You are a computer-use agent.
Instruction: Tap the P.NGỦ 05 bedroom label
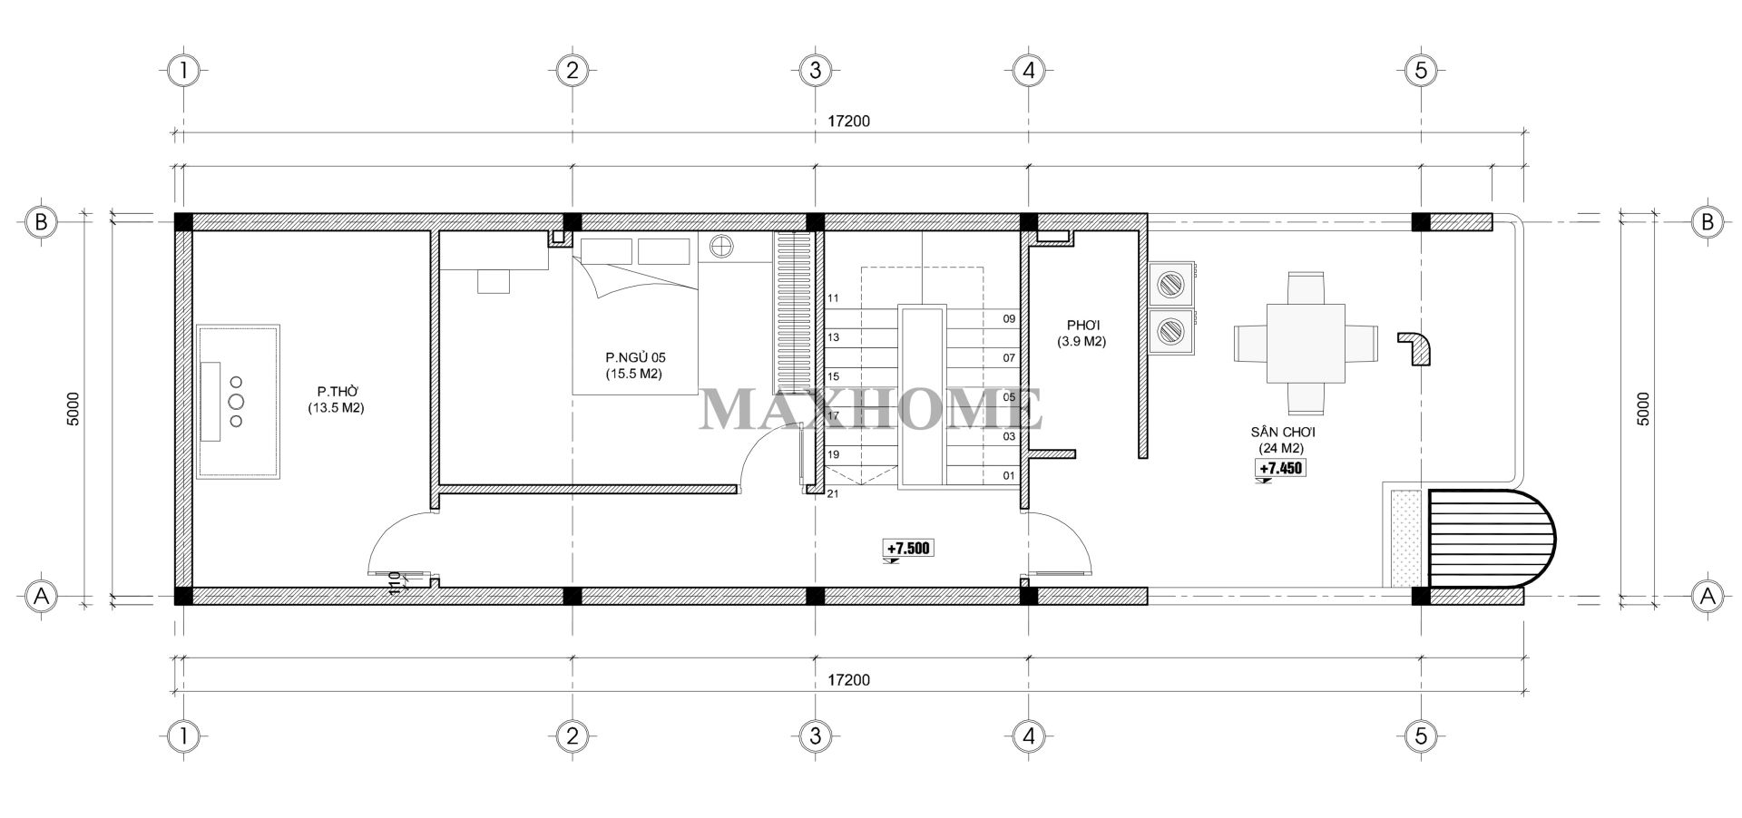tap(635, 356)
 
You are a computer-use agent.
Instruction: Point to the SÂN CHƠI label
tap(1282, 433)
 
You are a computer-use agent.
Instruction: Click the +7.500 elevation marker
tap(908, 549)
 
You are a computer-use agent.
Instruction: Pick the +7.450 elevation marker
tap(1280, 468)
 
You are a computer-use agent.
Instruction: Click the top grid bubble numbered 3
tap(815, 70)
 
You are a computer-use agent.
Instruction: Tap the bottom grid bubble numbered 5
tap(1421, 735)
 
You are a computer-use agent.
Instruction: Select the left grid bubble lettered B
tap(41, 222)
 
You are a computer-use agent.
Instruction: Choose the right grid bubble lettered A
tap(1708, 596)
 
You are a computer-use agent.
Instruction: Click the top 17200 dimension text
tap(849, 121)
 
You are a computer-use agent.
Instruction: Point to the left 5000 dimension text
tap(74, 409)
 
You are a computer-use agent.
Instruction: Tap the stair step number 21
tap(834, 494)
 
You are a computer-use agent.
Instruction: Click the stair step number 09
tap(1009, 319)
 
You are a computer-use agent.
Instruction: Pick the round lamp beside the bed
tap(722, 247)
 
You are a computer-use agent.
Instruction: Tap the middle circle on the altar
tap(237, 402)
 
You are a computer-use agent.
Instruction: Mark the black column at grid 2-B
tap(572, 222)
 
